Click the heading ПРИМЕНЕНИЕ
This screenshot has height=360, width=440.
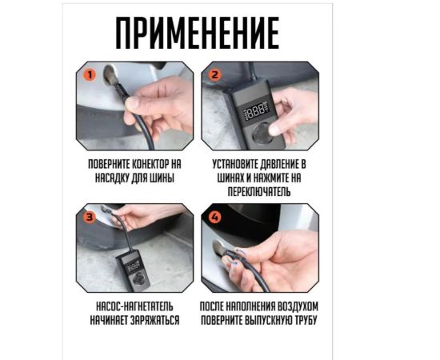(x=198, y=33)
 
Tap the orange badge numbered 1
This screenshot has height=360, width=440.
(x=90, y=75)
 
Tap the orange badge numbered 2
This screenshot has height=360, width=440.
(x=214, y=75)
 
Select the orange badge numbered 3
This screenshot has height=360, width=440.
(x=90, y=217)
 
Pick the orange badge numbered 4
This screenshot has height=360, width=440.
(x=214, y=217)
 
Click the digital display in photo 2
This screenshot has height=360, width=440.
(x=257, y=109)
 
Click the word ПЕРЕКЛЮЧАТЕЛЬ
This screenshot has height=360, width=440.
(x=258, y=192)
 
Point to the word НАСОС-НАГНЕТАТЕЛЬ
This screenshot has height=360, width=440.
(x=134, y=306)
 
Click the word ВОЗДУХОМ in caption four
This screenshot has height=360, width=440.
(x=298, y=306)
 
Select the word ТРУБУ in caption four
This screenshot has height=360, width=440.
(x=306, y=321)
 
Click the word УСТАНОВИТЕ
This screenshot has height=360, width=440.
(x=234, y=165)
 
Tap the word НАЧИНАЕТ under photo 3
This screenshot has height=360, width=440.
(x=109, y=321)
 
